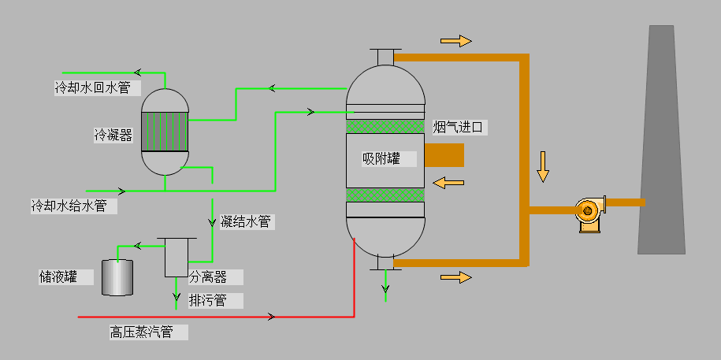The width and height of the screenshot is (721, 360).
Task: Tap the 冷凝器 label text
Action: click(113, 135)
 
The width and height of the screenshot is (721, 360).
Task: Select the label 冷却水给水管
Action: click(69, 206)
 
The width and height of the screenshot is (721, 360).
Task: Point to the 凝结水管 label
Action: click(246, 222)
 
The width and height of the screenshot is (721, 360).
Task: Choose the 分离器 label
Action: click(208, 277)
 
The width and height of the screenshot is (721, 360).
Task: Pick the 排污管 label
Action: click(208, 300)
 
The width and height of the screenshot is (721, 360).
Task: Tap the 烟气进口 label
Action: click(457, 127)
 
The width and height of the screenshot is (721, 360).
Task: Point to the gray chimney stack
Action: click(662, 142)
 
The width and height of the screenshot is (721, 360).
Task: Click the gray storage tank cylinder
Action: click(117, 277)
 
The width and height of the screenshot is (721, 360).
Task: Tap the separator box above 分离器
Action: click(176, 257)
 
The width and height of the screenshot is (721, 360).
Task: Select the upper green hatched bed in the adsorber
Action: click(385, 126)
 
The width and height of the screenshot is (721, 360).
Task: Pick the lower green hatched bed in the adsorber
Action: click(385, 195)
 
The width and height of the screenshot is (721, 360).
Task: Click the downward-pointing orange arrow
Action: click(543, 165)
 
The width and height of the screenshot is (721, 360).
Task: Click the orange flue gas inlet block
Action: click(444, 155)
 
